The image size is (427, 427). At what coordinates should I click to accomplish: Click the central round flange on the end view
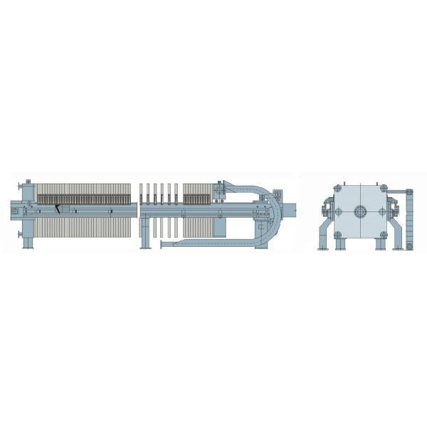361,211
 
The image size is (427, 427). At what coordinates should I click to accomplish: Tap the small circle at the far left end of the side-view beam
15,211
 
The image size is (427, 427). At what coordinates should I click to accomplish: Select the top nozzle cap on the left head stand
27,182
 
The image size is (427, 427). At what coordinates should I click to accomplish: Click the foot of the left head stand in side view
28,246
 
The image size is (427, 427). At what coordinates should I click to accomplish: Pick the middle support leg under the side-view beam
144,235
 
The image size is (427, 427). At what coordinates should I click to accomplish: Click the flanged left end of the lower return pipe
162,245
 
